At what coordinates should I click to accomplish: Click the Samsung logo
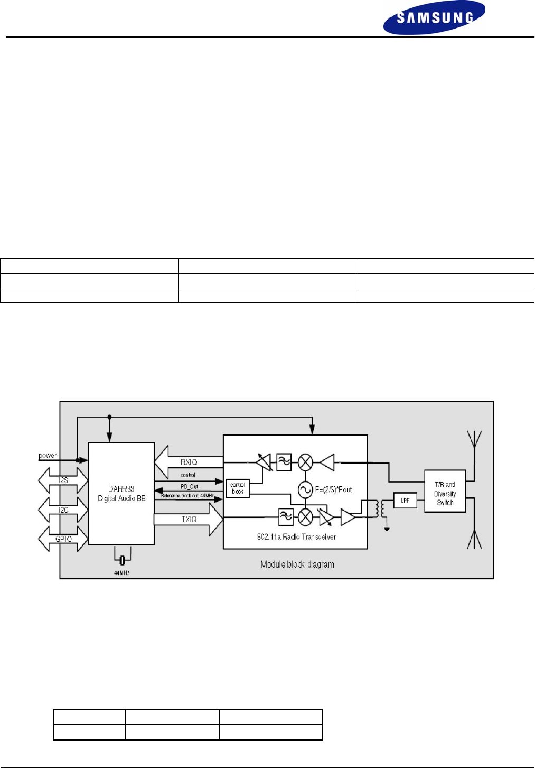pos(434,17)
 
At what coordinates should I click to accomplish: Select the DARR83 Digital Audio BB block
pos(121,494)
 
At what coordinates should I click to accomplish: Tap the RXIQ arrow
pos(188,462)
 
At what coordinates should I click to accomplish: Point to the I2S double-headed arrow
pos(63,480)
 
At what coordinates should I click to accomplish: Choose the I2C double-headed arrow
pos(63,510)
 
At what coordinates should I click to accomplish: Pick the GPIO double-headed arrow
pos(63,539)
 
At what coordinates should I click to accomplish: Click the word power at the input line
pos(48,455)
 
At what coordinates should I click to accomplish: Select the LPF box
pos(405,500)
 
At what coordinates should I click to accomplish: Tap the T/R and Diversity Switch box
pos(445,493)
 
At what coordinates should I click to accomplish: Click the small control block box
pos(238,488)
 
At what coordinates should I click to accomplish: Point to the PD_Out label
pos(189,486)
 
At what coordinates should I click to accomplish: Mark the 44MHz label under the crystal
pos(121,573)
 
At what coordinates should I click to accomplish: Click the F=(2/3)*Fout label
pos(333,489)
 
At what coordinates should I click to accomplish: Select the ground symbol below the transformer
pos(387,528)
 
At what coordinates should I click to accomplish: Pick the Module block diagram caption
pos(297,565)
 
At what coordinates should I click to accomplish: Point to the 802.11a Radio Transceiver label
pos(296,536)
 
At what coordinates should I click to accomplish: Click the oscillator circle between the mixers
pos(305,490)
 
